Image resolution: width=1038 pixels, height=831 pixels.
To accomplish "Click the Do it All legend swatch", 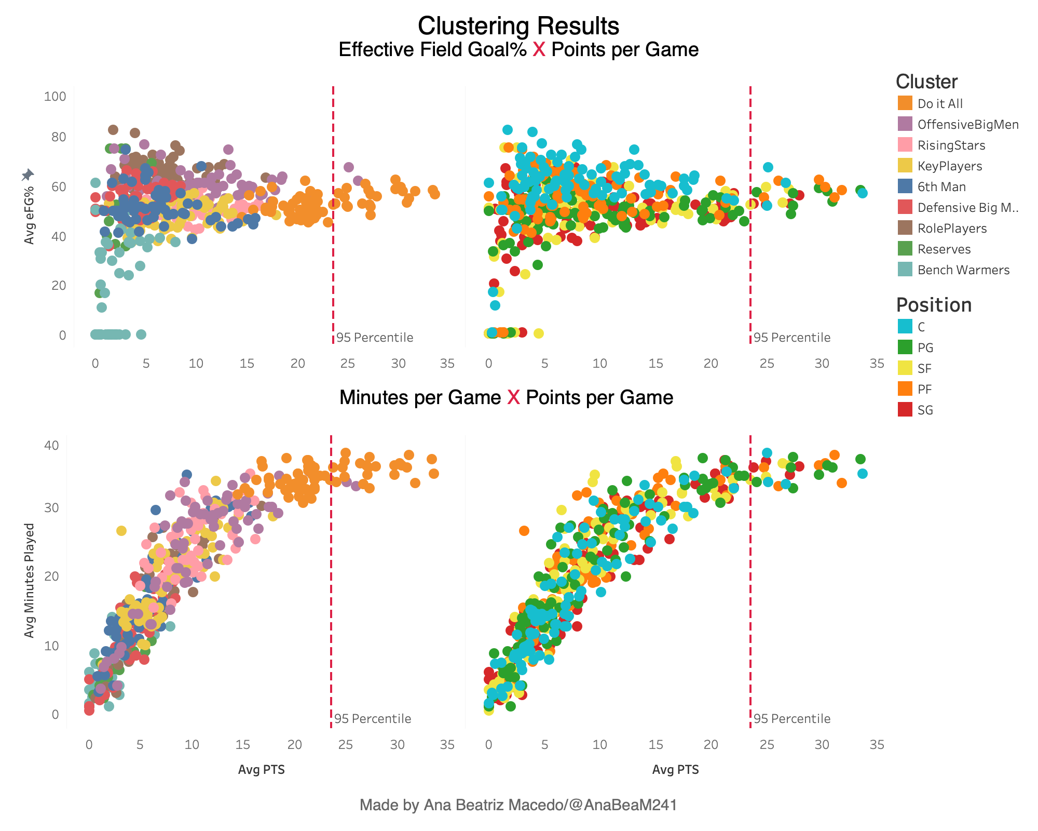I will coord(905,103).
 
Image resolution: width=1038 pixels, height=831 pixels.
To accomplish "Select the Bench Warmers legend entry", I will coord(963,270).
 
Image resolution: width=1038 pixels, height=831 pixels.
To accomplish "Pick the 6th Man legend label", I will coord(941,186).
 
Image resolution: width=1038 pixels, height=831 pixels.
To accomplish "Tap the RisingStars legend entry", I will coord(951,145).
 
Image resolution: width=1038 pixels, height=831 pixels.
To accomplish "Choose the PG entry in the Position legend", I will coord(925,347).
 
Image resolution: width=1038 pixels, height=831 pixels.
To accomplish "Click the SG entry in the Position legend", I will coord(925,410).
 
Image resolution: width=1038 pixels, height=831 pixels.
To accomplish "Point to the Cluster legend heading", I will coord(926,82).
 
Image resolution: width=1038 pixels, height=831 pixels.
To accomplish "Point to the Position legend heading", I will coord(934,305).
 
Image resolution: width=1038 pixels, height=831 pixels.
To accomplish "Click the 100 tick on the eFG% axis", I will coord(55,96).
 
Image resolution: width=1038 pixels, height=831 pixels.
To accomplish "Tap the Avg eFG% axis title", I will coord(29,215).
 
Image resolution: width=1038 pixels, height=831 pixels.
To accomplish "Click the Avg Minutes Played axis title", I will coord(30,580).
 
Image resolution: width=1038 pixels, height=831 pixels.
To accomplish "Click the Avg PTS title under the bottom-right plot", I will coord(675,770).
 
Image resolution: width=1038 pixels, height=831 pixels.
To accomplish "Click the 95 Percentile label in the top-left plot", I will coord(374,338).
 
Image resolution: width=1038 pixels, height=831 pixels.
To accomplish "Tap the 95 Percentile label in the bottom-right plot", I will coord(791,719).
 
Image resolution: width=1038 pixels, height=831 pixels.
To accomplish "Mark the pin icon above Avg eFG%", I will coord(28,175).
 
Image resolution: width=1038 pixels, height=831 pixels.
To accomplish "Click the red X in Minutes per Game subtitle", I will coord(513,397).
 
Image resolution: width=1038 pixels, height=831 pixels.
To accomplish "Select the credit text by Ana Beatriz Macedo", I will coord(518,805).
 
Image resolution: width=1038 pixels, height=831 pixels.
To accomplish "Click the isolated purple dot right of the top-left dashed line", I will coord(349,167).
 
